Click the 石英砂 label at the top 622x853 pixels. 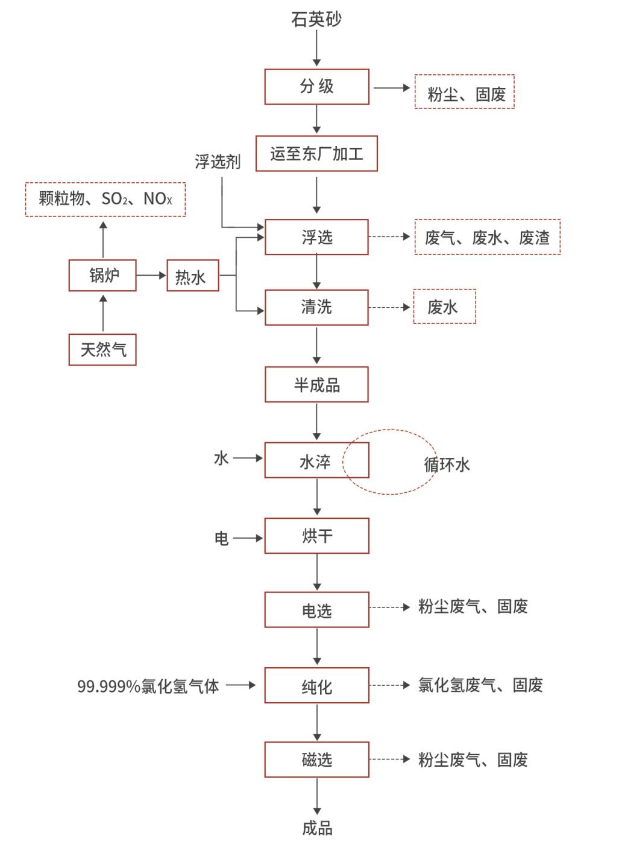tap(316, 19)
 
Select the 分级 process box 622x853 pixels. tap(316, 86)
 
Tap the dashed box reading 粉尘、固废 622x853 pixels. tap(464, 92)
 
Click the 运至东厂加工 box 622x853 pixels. tap(316, 154)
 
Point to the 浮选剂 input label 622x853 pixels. tap(217, 161)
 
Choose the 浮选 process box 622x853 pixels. tap(316, 237)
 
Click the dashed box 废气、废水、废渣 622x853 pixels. tap(487, 237)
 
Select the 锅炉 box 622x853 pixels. tap(102, 275)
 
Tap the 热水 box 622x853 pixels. tap(192, 276)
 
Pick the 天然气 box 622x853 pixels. tap(102, 349)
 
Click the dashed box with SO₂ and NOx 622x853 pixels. tap(105, 198)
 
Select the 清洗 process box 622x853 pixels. tap(316, 308)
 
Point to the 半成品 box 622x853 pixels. tap(316, 385)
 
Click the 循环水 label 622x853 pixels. tap(447, 465)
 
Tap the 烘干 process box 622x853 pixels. tap(316, 536)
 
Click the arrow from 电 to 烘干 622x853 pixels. tap(247, 537)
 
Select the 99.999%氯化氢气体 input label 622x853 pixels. tap(148, 686)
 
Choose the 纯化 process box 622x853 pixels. tap(316, 686)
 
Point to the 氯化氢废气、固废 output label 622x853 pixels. tap(480, 685)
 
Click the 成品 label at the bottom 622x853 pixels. tap(317, 828)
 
